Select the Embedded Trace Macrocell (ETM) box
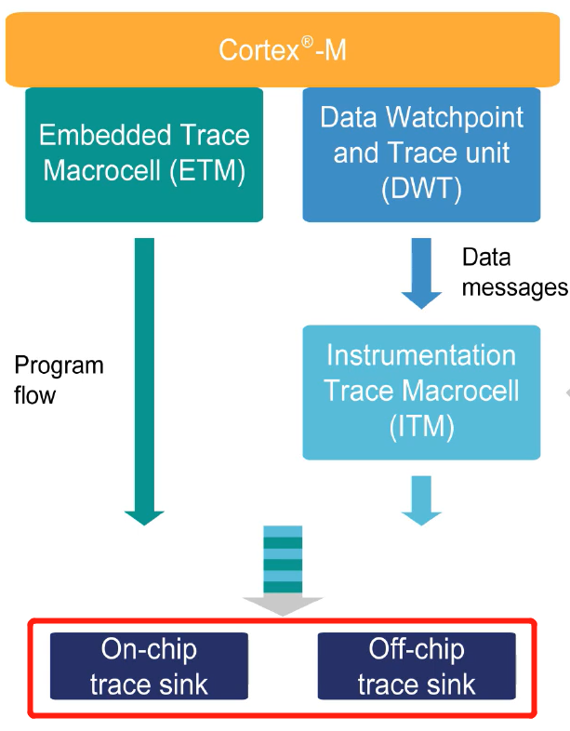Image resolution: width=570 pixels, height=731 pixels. pyautogui.click(x=144, y=154)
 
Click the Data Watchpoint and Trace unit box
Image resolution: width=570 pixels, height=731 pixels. pyautogui.click(x=421, y=154)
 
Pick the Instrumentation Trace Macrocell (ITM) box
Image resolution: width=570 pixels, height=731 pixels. pyautogui.click(x=421, y=392)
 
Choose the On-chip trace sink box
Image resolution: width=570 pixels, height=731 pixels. pyautogui.click(x=149, y=666)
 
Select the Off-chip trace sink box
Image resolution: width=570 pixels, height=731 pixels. pyautogui.click(x=417, y=666)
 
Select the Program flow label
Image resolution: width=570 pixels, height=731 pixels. pyautogui.click(x=58, y=379)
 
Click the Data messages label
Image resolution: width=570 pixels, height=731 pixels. pyautogui.click(x=513, y=272)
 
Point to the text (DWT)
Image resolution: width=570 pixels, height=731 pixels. pyautogui.click(x=421, y=189)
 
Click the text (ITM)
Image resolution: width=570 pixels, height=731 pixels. pyautogui.click(x=421, y=426)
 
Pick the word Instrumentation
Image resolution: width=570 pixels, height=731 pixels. pyautogui.click(x=421, y=356)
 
